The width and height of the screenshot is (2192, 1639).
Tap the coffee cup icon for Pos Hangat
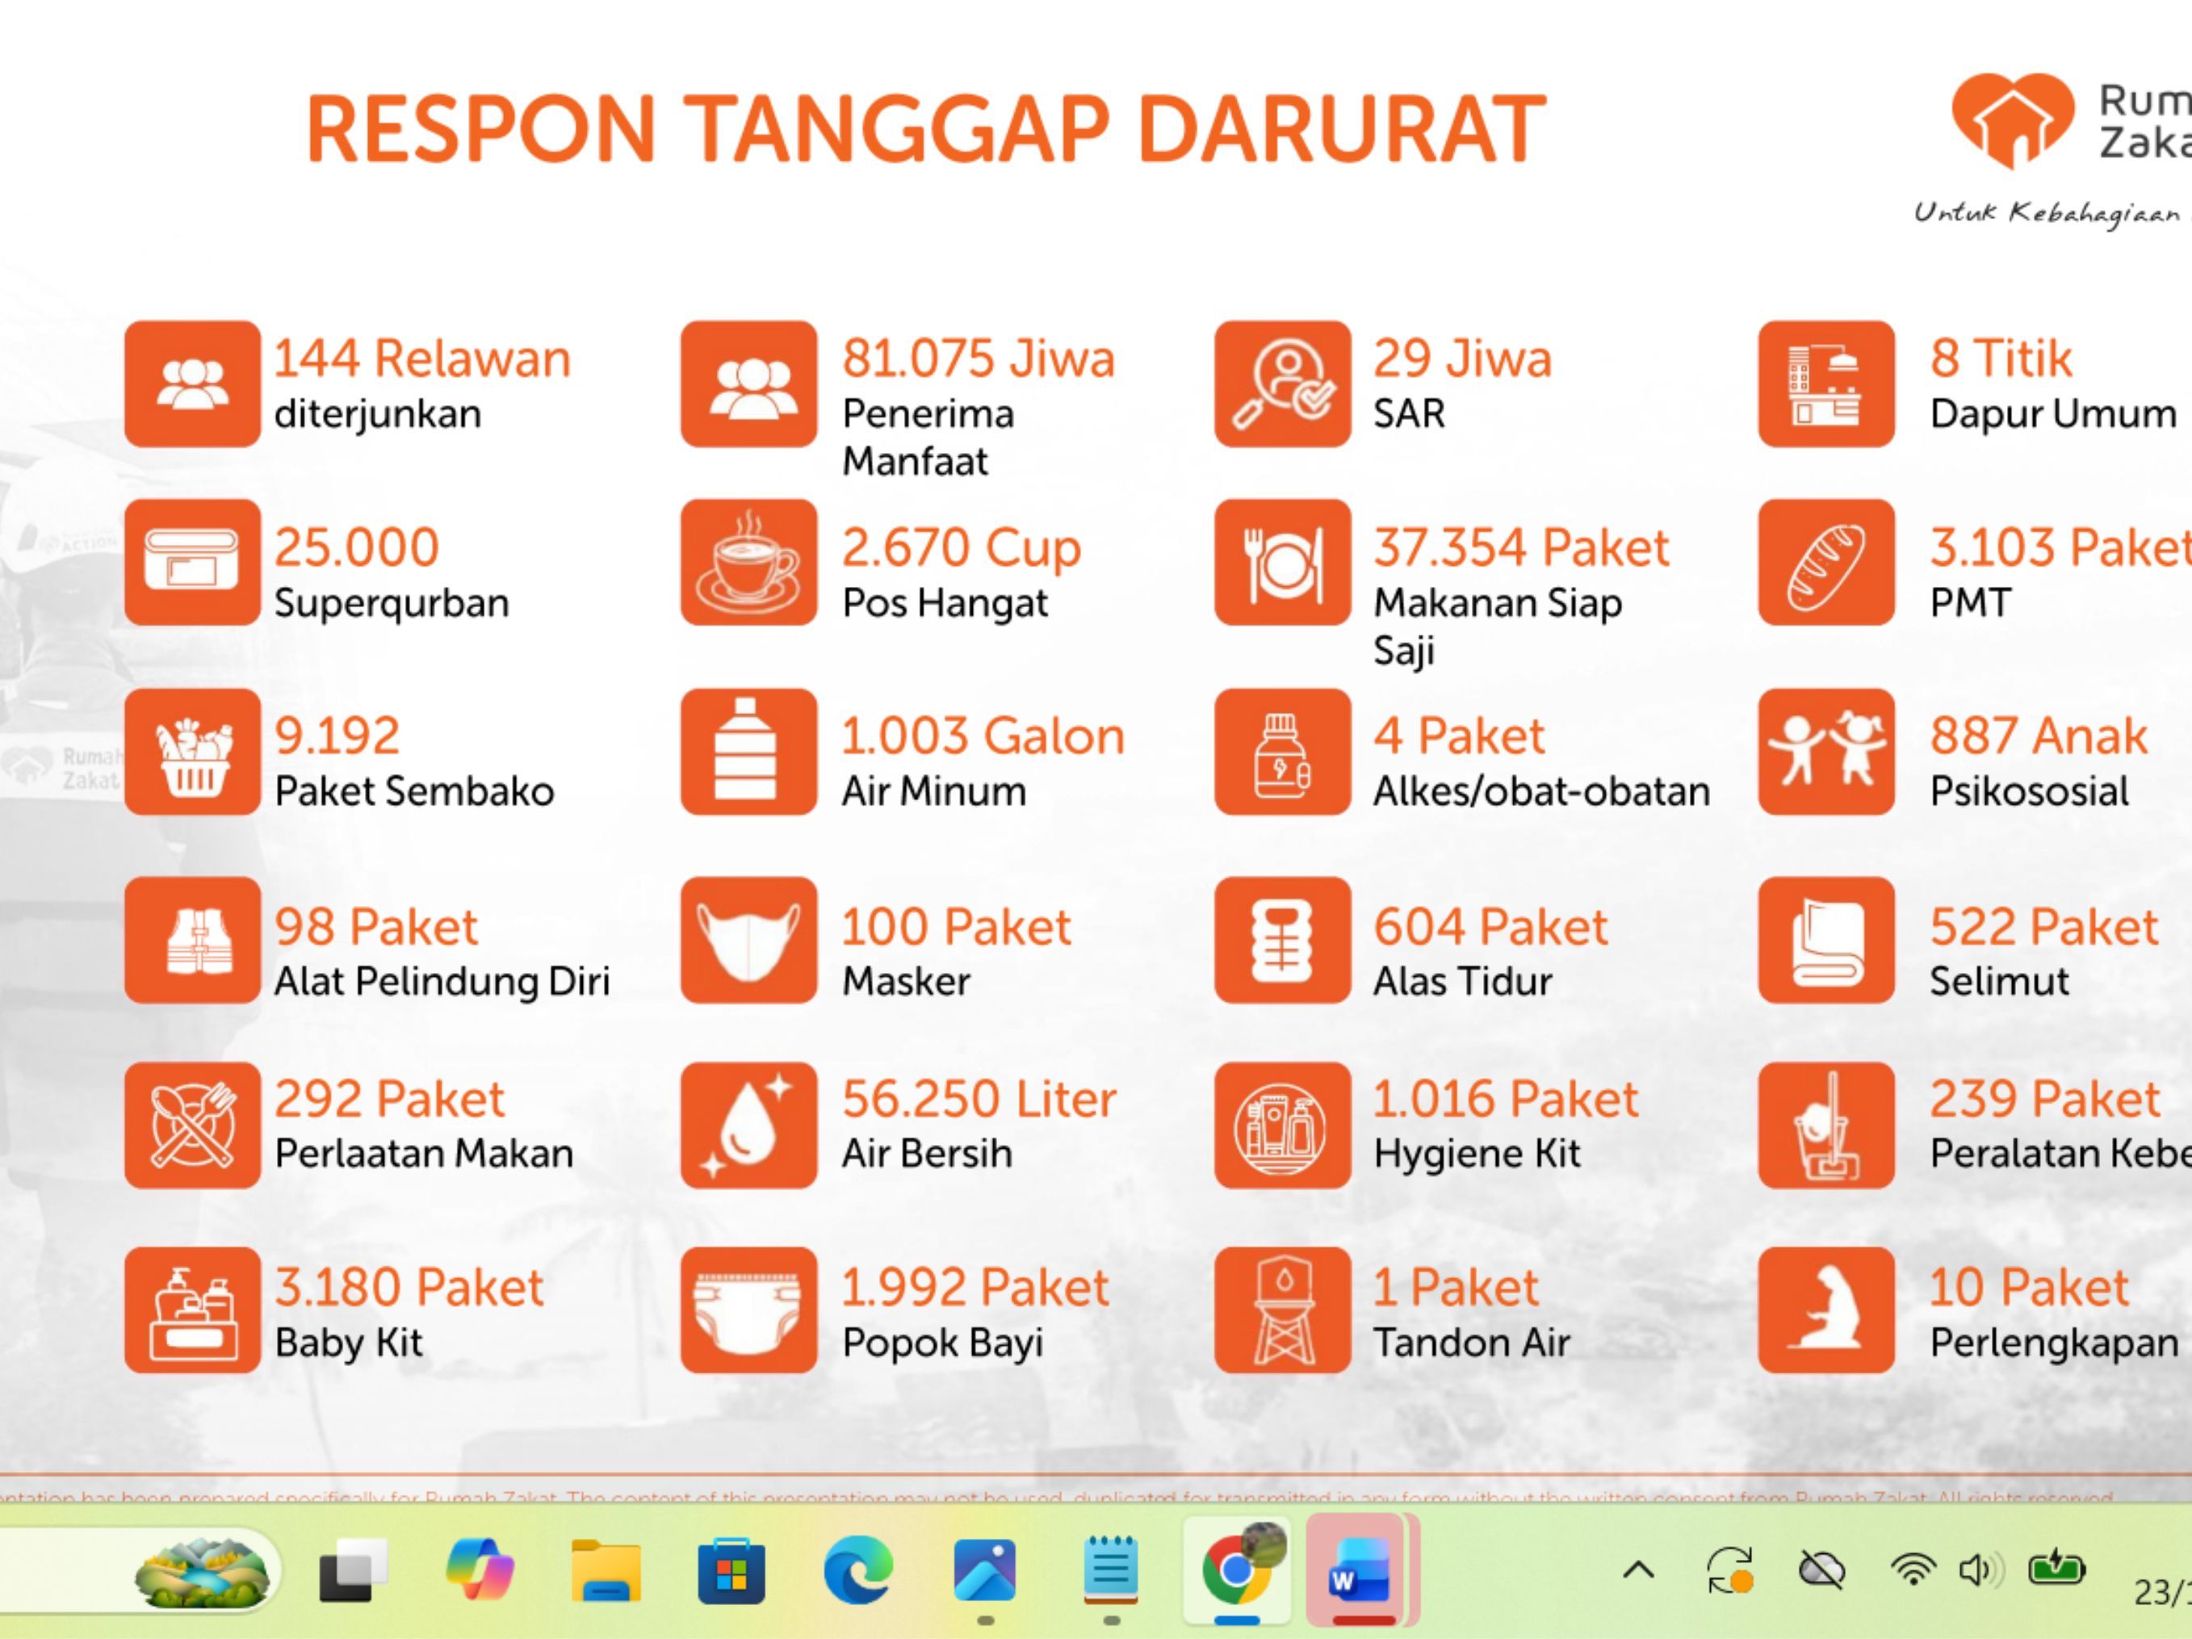(x=748, y=563)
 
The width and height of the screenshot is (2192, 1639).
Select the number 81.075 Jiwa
(x=978, y=358)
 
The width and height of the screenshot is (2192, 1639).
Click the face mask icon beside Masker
(x=748, y=940)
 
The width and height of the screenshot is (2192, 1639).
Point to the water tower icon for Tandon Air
(x=1282, y=1310)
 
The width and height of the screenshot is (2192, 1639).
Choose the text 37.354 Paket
(x=1520, y=547)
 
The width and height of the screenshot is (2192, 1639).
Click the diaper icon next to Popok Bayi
(x=748, y=1310)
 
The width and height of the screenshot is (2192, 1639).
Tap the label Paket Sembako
(x=413, y=790)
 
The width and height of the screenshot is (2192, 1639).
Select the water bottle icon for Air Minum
(x=748, y=751)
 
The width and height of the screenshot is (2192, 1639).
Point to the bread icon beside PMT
(x=1825, y=563)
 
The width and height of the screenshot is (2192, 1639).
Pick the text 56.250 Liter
(x=978, y=1099)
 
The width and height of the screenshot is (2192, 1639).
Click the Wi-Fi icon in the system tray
(x=1913, y=1570)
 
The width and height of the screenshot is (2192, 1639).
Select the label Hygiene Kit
(x=1476, y=1154)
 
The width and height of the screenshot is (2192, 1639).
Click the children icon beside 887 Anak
(x=1825, y=751)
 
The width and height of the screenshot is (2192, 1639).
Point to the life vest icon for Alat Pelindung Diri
(x=192, y=940)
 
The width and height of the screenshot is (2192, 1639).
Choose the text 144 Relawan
(x=422, y=358)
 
